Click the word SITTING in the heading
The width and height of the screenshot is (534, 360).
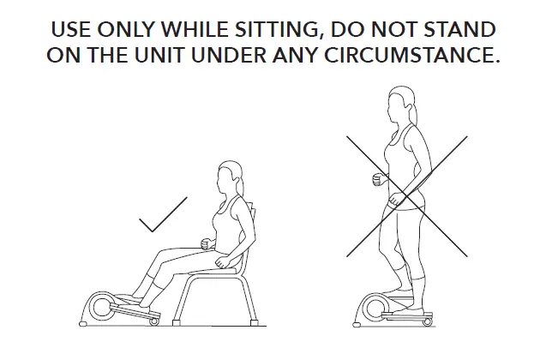[x=270, y=30]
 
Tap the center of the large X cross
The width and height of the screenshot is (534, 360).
[x=405, y=195]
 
